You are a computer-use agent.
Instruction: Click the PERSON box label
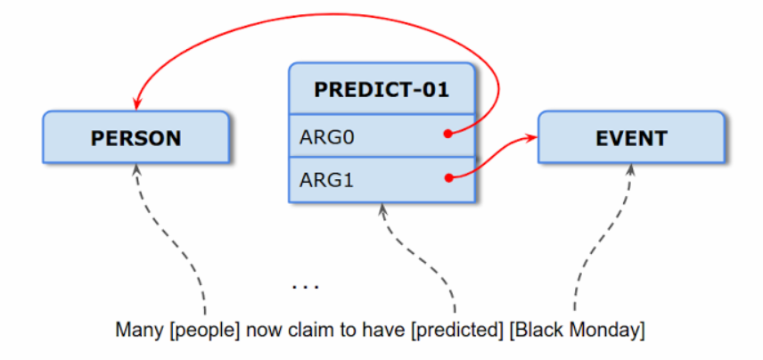pos(135,138)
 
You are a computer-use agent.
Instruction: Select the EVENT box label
pos(631,139)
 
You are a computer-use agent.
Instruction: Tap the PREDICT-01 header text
pos(381,90)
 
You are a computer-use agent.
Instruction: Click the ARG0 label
pos(326,138)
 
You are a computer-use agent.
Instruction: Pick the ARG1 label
pos(326,181)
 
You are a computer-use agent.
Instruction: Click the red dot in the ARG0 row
pos(448,135)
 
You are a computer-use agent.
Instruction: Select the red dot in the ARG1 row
pos(448,178)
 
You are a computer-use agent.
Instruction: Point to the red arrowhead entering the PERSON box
pos(136,104)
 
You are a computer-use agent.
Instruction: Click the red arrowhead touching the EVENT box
pos(531,138)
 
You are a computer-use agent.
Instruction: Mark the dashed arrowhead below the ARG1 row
pos(382,209)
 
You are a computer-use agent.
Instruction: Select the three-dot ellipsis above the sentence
pos(306,287)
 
